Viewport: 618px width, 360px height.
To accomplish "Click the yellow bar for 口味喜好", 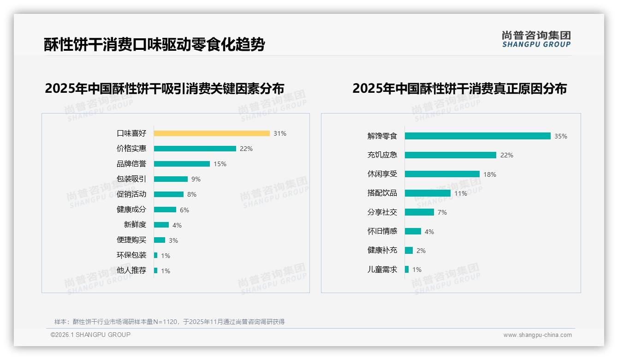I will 212,133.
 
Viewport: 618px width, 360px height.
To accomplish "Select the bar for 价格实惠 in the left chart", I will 195,149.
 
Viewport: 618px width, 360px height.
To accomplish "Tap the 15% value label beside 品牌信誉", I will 220,164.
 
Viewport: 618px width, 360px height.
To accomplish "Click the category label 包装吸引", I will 131,179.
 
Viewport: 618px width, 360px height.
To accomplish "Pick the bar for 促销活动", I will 169,194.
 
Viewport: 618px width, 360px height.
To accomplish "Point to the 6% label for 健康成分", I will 184,210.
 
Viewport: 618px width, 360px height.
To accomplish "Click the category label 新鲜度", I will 135,225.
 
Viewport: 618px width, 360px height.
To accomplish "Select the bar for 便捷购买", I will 160,240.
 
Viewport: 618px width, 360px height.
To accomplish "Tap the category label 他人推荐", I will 131,270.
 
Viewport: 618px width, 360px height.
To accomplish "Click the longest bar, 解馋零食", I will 478,136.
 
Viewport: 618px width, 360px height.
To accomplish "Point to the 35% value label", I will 561,137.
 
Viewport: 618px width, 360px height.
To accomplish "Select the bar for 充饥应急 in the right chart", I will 451,155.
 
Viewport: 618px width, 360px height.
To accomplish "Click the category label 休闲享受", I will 382,174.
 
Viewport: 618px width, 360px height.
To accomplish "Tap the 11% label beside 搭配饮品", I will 461,194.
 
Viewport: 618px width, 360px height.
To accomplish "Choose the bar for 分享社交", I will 419,212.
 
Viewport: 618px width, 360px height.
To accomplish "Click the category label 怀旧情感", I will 382,231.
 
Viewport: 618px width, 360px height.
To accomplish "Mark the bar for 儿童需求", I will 407,270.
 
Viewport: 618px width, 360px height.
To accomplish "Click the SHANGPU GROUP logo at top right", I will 536,39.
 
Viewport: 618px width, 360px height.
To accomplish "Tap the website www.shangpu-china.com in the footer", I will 537,335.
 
